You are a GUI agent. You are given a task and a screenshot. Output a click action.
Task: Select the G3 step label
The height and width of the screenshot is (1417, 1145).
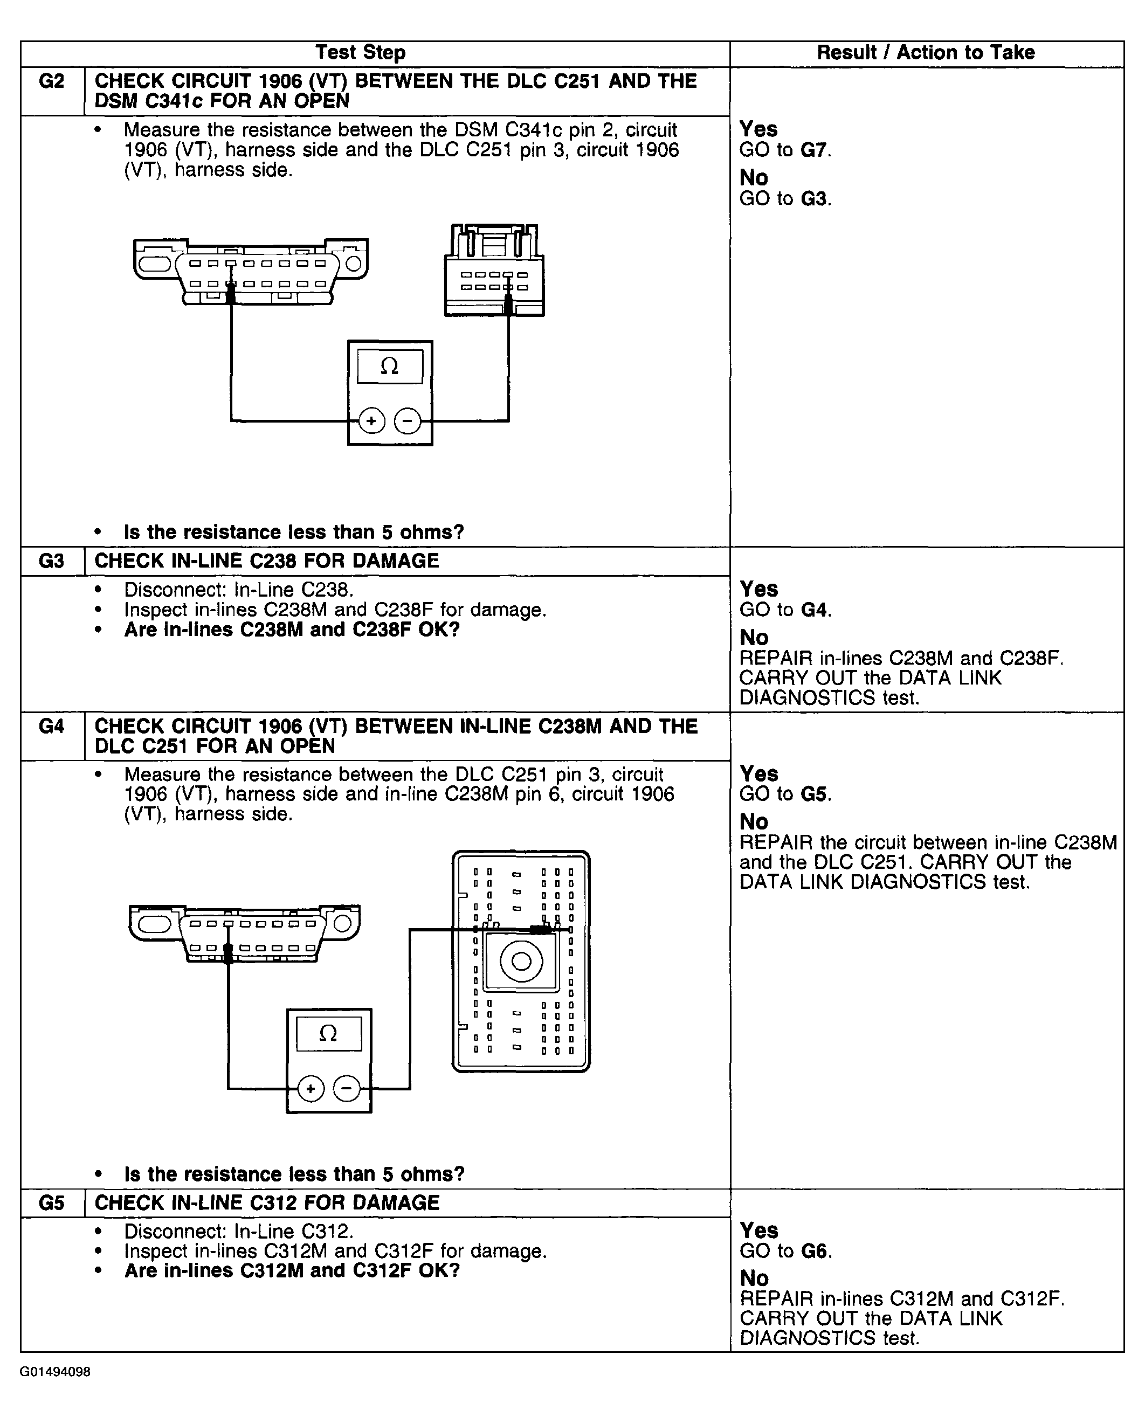pyautogui.click(x=51, y=561)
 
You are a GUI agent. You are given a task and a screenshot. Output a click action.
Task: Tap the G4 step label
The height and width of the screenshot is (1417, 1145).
pyautogui.click(x=51, y=726)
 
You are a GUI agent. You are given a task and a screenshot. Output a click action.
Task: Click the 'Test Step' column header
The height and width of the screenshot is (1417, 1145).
pyautogui.click(x=360, y=53)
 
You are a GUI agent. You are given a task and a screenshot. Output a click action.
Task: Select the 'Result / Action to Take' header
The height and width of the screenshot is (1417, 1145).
pyautogui.click(x=926, y=53)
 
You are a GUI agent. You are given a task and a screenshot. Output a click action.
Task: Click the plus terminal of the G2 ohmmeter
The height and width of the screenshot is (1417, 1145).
pyautogui.click(x=371, y=421)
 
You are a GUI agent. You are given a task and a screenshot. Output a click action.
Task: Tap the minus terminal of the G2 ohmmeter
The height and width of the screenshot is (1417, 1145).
pyautogui.click(x=408, y=421)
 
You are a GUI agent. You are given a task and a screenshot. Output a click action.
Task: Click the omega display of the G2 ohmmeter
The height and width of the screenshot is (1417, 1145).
pyautogui.click(x=390, y=367)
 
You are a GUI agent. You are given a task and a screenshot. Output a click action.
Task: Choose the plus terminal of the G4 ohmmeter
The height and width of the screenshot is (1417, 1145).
pyautogui.click(x=311, y=1089)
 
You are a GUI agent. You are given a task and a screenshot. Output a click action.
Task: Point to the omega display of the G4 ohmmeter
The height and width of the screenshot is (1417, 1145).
pyautogui.click(x=328, y=1034)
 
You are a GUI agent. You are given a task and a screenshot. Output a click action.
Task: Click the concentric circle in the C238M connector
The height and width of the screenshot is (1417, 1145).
pyautogui.click(x=521, y=962)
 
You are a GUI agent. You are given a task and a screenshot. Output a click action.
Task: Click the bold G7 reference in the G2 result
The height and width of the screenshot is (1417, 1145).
pyautogui.click(x=813, y=150)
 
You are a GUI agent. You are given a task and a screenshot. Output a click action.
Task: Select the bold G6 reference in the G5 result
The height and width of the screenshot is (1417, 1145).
pyautogui.click(x=814, y=1251)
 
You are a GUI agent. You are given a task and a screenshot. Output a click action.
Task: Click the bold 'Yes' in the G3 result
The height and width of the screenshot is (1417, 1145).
pyautogui.click(x=758, y=589)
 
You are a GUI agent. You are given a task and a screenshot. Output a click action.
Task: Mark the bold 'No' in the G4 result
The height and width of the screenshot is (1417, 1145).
pyautogui.click(x=754, y=821)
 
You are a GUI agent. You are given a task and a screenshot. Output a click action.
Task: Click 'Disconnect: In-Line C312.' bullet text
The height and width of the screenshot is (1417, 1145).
pyautogui.click(x=239, y=1231)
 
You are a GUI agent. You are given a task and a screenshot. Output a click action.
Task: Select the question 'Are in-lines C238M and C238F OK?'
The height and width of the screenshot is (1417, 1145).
pyautogui.click(x=292, y=630)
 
